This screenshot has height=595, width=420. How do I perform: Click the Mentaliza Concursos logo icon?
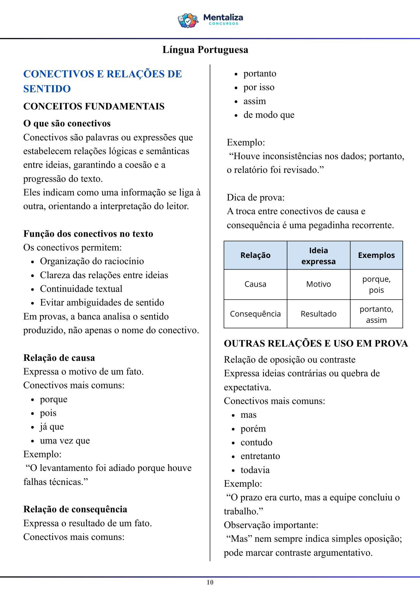coord(188,21)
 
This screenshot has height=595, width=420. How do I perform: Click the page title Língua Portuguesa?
coord(205,50)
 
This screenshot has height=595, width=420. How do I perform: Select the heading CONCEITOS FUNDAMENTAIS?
coord(94,106)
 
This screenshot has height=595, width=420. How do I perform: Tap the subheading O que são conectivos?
coord(67,123)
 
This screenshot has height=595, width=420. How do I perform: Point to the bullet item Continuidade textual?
coord(81,289)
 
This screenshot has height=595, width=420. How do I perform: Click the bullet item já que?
coord(52,427)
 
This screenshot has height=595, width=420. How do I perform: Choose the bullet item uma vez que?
coord(65,440)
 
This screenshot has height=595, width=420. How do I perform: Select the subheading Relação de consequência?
coord(75,509)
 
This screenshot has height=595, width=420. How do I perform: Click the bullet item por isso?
coord(259,87)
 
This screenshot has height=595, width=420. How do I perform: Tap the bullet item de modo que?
coord(269,115)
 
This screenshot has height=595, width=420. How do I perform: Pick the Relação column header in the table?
coord(255,255)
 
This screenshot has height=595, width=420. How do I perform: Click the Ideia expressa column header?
coord(318,256)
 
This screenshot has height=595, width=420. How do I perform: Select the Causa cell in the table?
coord(255,284)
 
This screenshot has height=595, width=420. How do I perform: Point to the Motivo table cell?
coord(318,284)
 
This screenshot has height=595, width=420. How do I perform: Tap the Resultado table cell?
coord(318,314)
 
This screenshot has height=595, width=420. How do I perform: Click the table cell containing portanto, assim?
coord(376,314)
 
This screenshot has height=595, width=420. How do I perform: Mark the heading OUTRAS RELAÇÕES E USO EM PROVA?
coord(316,343)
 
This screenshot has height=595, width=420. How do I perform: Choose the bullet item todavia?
coord(255,470)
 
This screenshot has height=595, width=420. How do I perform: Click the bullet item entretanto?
coord(260,456)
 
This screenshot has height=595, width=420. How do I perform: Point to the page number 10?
coord(210,583)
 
